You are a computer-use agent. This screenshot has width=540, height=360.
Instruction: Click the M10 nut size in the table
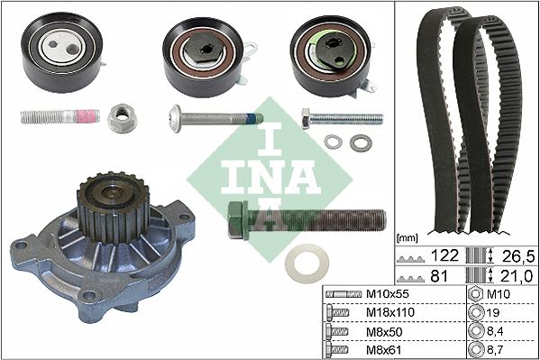[501, 295]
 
